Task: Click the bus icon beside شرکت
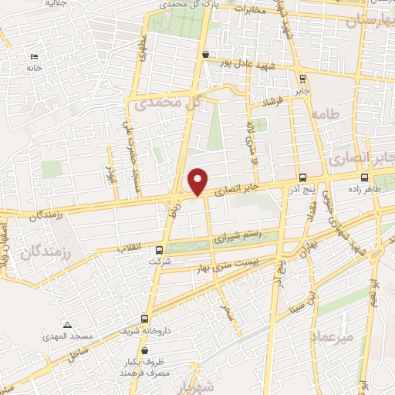coord(160,250)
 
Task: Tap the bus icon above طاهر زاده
coord(365,177)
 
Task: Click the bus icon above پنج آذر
coord(302,177)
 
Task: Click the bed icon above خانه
coord(33,56)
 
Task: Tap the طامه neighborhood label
coord(326,113)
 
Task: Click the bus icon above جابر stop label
coord(303,77)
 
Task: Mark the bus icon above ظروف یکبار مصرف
coord(145,351)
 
